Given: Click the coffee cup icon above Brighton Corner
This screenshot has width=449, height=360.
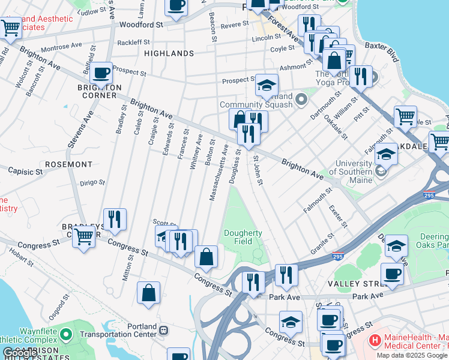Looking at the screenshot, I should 101,73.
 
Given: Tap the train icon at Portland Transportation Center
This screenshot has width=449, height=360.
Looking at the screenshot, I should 163,330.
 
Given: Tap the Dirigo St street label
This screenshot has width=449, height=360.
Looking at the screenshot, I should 92,182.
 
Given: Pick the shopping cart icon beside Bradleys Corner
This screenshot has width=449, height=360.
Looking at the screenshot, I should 83,236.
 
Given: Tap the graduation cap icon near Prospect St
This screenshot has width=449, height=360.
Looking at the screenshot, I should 267,85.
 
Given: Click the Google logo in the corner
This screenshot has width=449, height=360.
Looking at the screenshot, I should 20,353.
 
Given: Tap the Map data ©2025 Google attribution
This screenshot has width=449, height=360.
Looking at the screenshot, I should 411,355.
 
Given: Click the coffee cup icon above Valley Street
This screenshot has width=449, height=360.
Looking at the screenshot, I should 392,274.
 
